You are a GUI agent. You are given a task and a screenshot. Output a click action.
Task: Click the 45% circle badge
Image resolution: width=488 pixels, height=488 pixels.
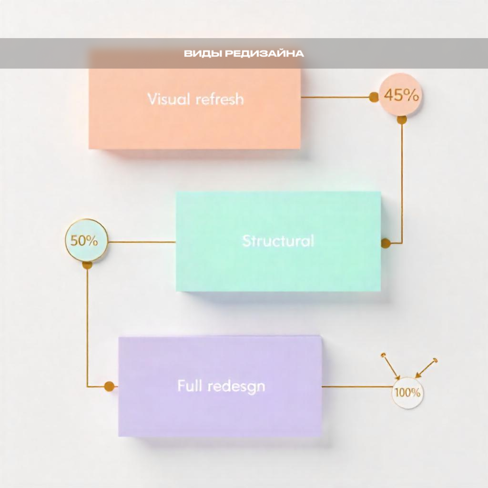401,95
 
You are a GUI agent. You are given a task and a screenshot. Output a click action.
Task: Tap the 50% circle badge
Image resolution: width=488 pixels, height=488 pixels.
86,240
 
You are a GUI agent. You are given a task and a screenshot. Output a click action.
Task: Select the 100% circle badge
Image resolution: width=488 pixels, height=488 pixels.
407,392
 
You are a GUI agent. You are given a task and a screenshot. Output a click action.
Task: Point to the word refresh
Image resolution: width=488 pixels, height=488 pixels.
220,99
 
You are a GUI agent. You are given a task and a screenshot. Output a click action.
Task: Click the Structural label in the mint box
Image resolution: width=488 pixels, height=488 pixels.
278,241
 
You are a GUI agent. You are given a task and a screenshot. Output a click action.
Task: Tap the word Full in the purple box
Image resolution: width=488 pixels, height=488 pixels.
190,386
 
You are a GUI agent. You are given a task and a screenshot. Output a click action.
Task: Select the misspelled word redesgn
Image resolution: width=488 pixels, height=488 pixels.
237,387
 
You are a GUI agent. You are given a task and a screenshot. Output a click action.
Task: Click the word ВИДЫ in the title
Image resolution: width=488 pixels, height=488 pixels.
203,54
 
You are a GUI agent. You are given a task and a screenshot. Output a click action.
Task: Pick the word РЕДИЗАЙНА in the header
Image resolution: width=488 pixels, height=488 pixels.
264,53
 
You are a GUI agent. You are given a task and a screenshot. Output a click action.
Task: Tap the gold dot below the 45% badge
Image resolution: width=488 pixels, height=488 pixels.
402,120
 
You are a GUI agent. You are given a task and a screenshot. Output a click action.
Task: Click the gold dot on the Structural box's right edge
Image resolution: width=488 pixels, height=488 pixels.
386,243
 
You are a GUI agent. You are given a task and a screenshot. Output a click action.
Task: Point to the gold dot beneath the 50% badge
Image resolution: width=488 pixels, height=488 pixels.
87,265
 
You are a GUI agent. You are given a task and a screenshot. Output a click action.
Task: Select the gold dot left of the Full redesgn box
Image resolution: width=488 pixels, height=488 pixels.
109,386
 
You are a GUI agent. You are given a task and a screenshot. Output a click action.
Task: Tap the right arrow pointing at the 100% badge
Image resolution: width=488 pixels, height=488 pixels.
426,368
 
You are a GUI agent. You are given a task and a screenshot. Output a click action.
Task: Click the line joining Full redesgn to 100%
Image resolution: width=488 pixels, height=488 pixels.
357,386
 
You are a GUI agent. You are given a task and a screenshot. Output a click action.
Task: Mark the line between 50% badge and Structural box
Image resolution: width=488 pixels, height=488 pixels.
142,242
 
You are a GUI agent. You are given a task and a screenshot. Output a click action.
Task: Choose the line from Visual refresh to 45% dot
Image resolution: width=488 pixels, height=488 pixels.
335,97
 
